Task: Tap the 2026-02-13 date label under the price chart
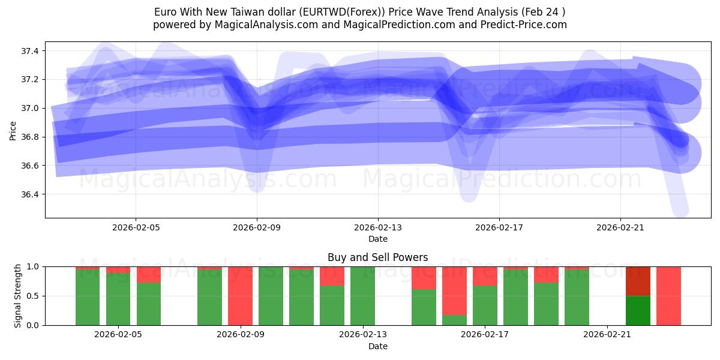pyautogui.click(x=378, y=228)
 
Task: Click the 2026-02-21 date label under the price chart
pyautogui.click(x=620, y=228)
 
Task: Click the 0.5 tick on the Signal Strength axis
pyautogui.click(x=33, y=296)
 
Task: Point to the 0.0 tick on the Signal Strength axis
pyautogui.click(x=33, y=325)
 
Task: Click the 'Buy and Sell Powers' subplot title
pyautogui.click(x=378, y=257)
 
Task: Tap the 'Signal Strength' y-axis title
pyautogui.click(x=18, y=296)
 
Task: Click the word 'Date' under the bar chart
pyautogui.click(x=378, y=346)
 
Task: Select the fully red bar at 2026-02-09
pyautogui.click(x=240, y=296)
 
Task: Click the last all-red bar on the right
pyautogui.click(x=668, y=296)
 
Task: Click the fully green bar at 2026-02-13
pyautogui.click(x=362, y=296)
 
